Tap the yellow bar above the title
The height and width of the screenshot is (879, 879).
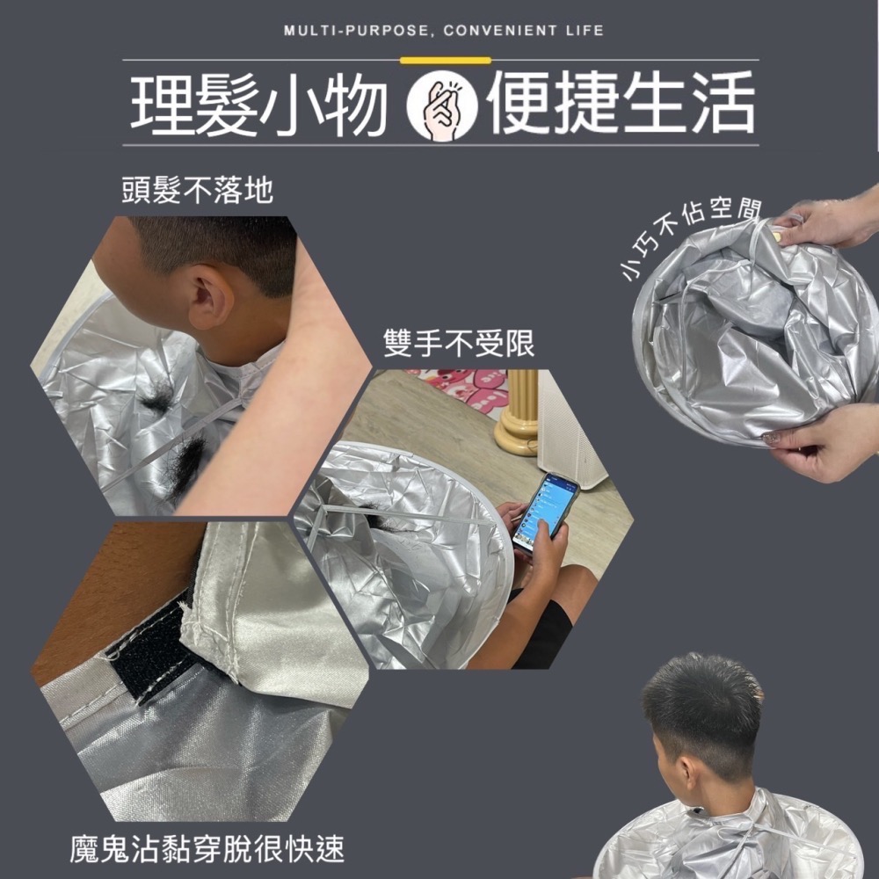point(445,60)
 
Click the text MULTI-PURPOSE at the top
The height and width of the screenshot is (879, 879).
point(355,31)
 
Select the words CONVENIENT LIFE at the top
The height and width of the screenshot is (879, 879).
point(524,31)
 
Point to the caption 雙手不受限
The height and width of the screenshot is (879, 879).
point(459,344)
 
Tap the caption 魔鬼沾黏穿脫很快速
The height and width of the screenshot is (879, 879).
point(207,849)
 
